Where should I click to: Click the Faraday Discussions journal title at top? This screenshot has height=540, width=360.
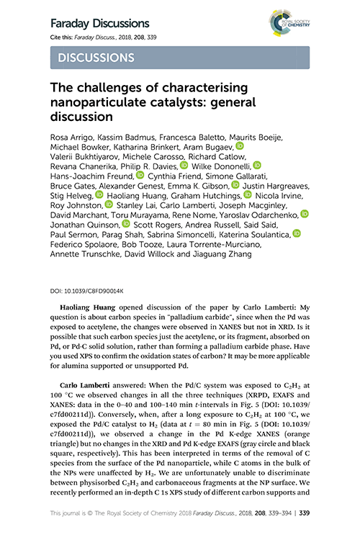[99, 24]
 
